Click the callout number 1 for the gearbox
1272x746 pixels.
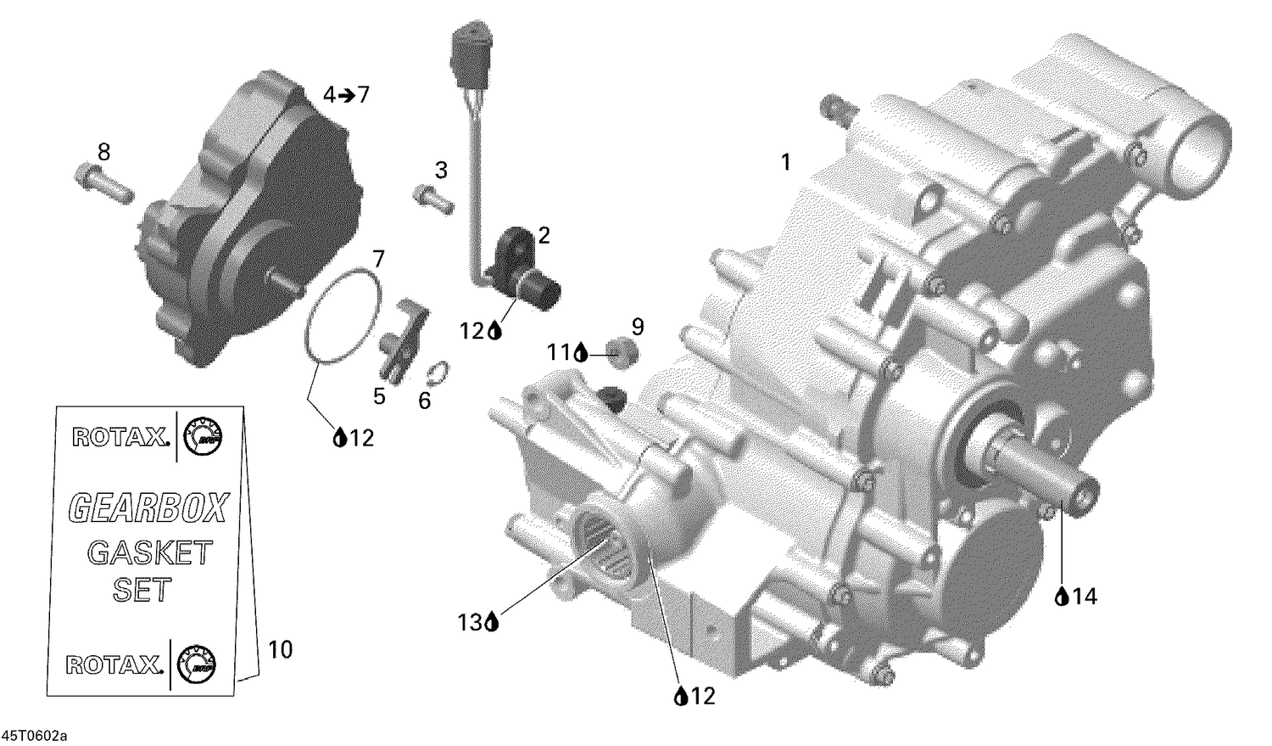[785, 161]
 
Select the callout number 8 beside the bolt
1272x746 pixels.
[103, 152]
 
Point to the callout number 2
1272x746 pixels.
[544, 235]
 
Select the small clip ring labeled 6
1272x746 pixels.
[438, 372]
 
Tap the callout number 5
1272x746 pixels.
[379, 396]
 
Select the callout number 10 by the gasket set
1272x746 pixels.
[280, 649]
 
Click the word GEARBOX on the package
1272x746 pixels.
[148, 508]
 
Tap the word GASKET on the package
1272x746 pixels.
[149, 552]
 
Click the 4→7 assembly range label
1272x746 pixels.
[346, 94]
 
